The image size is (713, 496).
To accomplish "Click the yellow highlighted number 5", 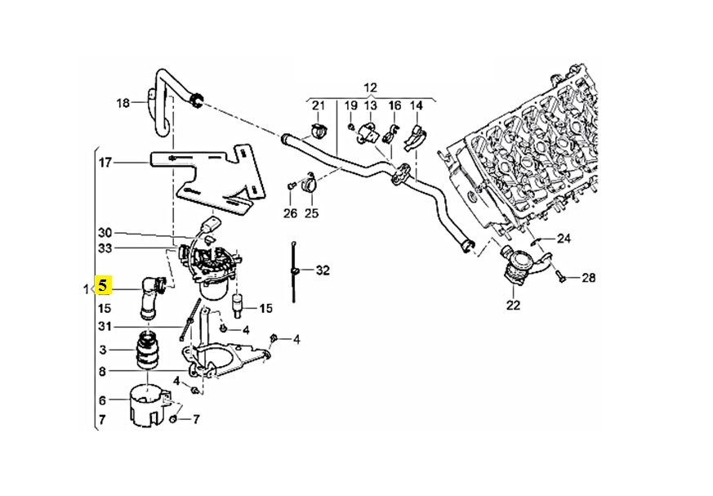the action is click(x=104, y=286).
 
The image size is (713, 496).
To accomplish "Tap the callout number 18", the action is click(x=123, y=103).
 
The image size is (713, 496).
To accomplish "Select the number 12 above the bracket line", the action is click(x=371, y=87).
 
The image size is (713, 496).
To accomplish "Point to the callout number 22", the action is click(x=513, y=305).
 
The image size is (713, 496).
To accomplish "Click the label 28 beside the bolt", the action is click(x=588, y=278).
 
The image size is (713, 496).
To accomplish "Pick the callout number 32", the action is click(x=323, y=270).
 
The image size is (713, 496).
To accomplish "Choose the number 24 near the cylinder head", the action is click(x=564, y=239).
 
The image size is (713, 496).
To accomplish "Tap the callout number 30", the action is click(x=105, y=233).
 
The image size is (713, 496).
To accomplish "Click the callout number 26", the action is click(x=291, y=213).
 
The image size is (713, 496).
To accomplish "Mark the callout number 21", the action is click(x=319, y=106).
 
